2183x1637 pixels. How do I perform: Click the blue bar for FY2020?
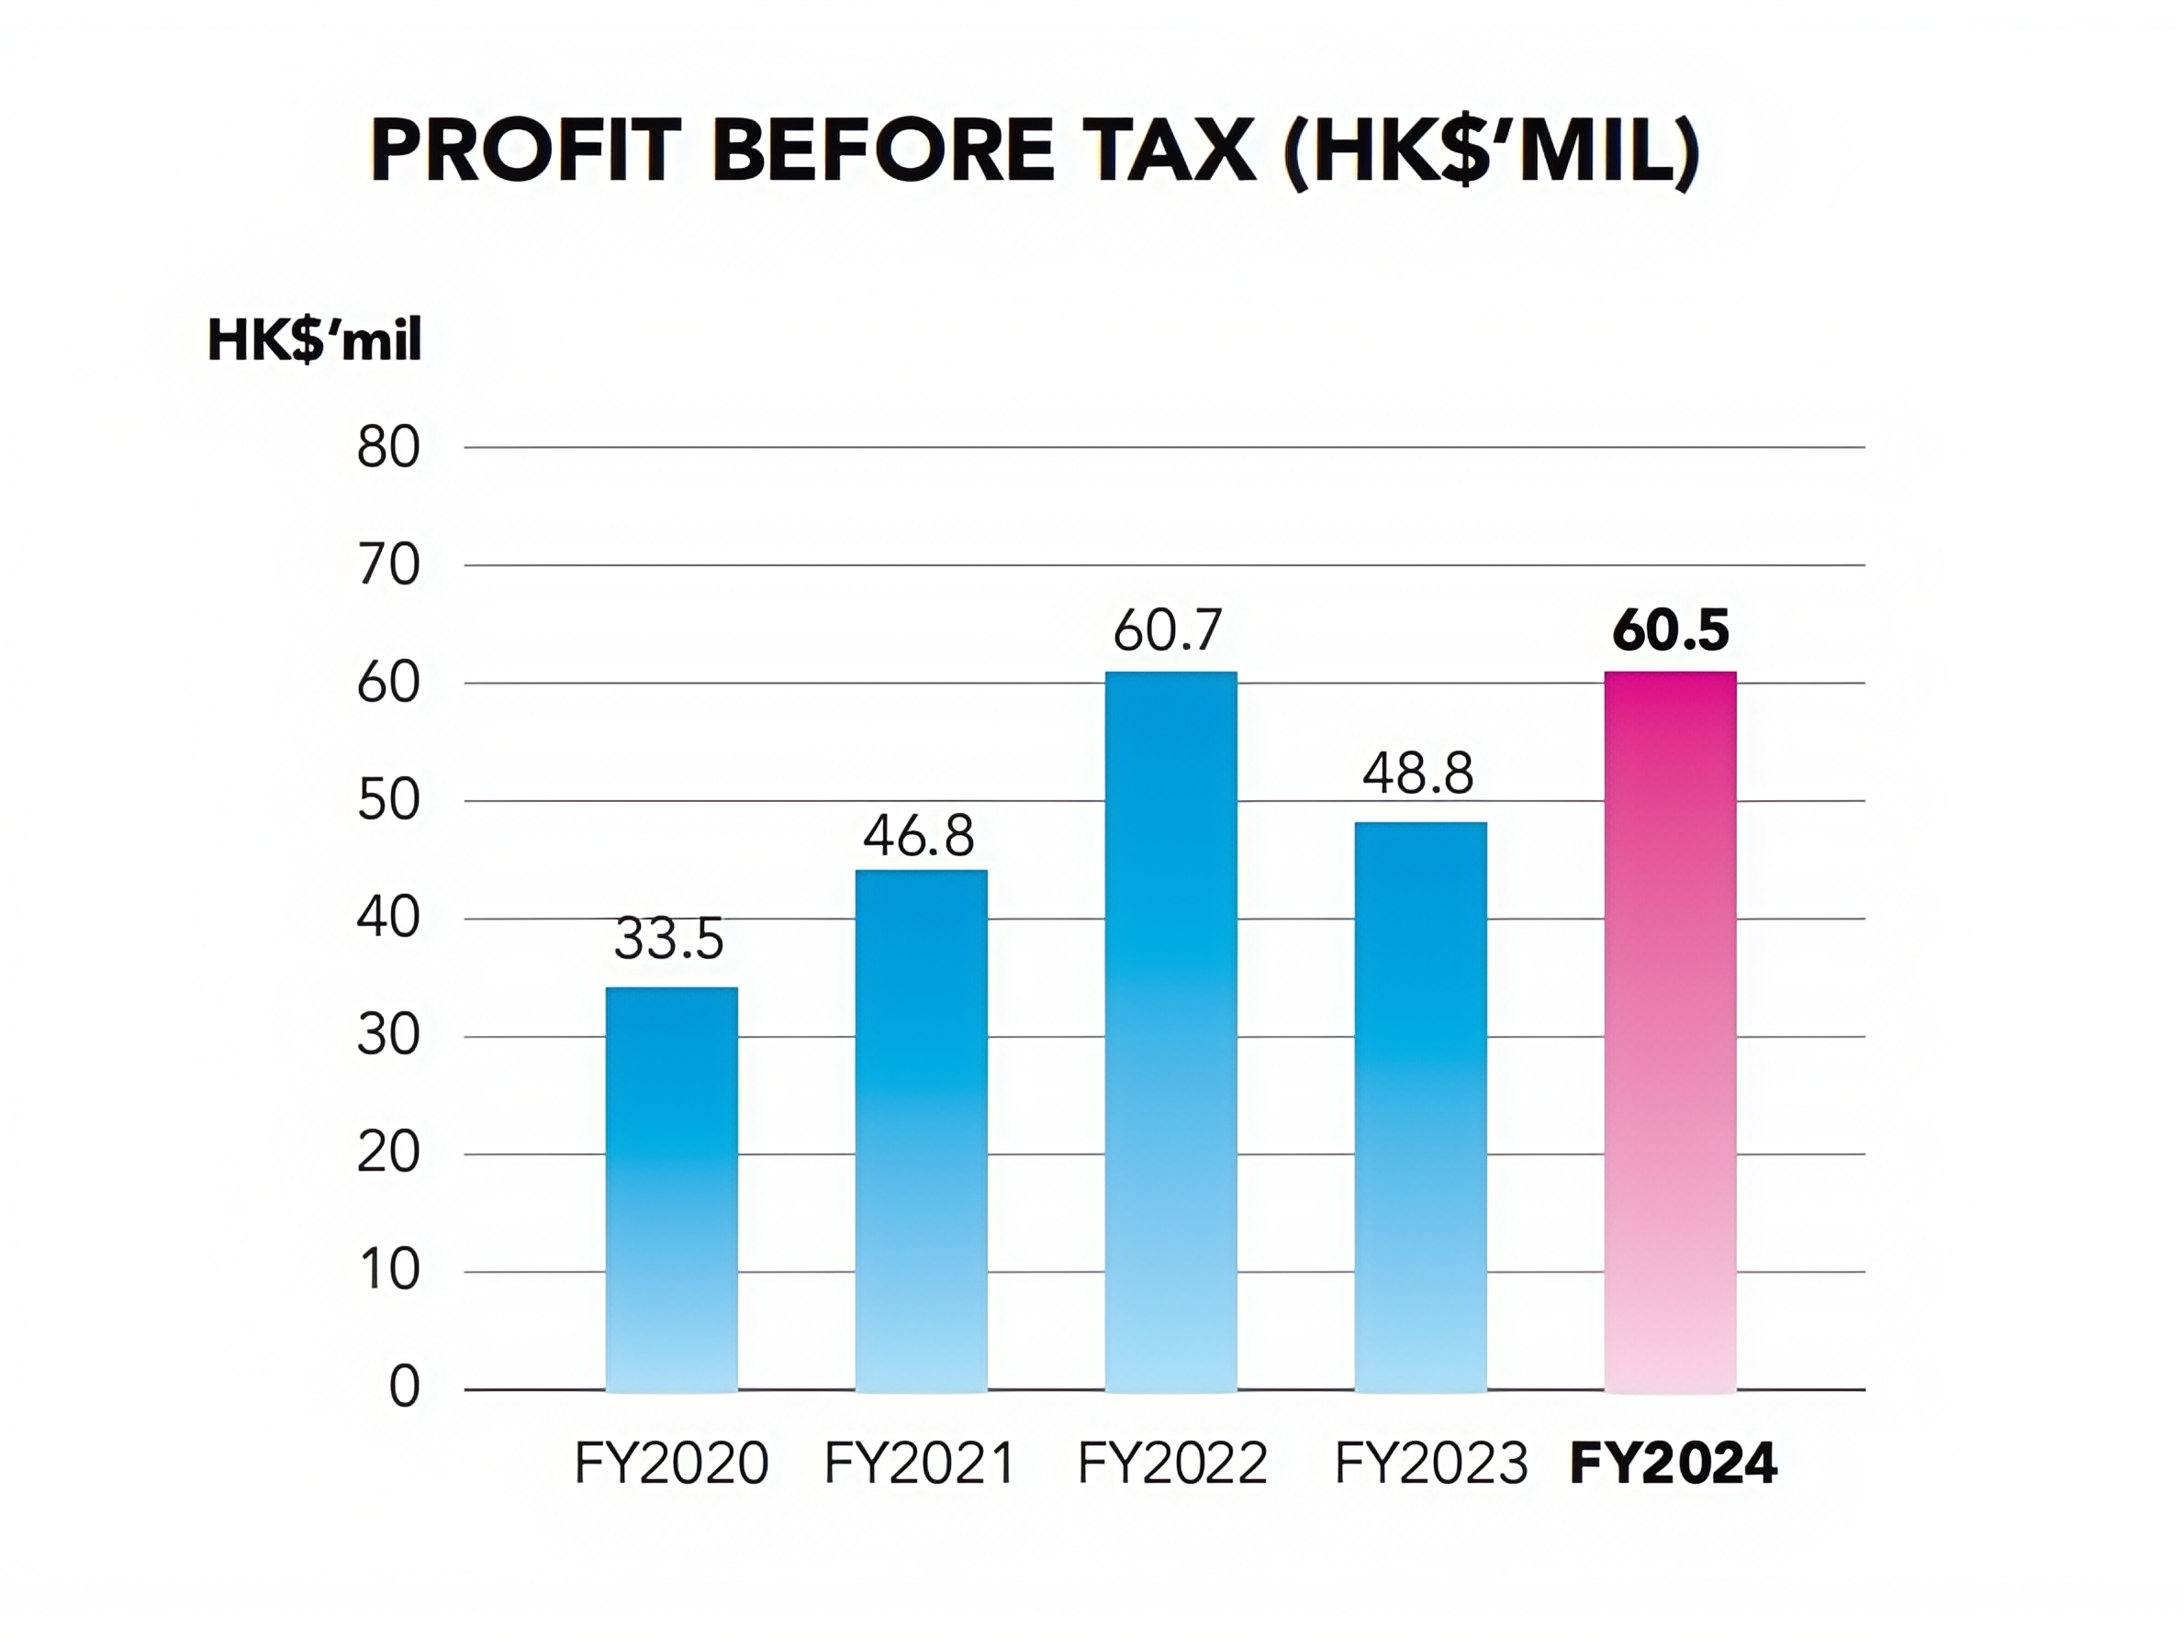click(671, 1189)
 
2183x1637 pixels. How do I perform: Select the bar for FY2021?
click(921, 1130)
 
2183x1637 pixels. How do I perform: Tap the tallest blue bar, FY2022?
click(1170, 1031)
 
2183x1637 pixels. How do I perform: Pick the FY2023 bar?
click(1420, 1106)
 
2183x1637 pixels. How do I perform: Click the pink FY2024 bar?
click(1670, 1031)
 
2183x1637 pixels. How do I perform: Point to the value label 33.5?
click(669, 939)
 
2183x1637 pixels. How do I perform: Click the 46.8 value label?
click(919, 836)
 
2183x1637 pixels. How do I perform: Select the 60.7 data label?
click(1169, 631)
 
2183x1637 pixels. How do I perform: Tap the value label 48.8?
click(1418, 774)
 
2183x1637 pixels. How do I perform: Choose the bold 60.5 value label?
click(1670, 631)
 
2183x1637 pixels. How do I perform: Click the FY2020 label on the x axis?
click(671, 1464)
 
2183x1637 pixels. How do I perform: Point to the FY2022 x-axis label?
click(1172, 1464)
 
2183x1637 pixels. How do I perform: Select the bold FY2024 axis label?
click(1673, 1464)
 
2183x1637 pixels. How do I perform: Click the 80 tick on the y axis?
click(389, 448)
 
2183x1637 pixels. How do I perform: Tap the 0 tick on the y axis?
click(405, 1387)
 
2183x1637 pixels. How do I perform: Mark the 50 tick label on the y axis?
click(389, 801)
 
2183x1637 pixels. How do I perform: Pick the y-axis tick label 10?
click(389, 1271)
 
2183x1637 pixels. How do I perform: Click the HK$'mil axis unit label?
click(315, 341)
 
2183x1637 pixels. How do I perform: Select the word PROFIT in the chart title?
click(525, 152)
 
